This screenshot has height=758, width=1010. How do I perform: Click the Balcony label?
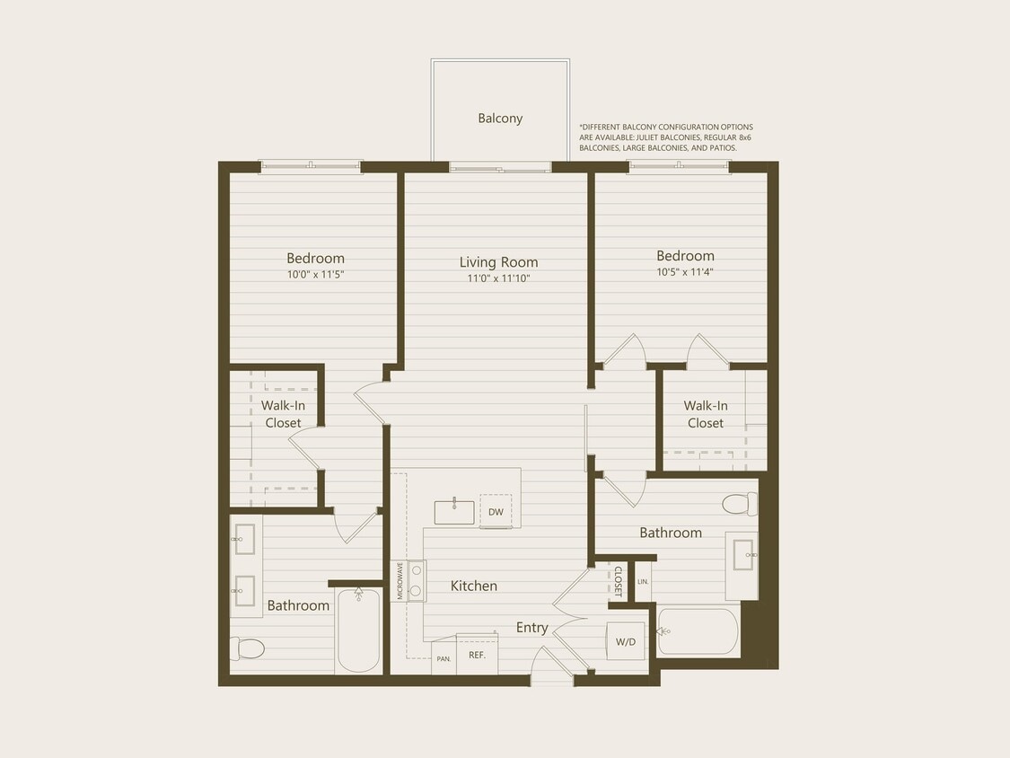coord(500,118)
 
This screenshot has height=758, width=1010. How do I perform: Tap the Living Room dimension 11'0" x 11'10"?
coord(499,278)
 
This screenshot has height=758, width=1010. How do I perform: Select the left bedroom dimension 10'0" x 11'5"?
coord(315,274)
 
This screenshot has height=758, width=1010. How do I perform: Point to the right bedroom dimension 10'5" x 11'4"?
coord(685,271)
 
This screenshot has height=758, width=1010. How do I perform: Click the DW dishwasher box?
coord(496,512)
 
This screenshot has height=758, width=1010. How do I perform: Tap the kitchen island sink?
coord(454,512)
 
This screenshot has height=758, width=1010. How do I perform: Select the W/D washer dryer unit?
coord(626,641)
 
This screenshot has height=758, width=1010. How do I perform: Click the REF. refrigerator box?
coord(477,655)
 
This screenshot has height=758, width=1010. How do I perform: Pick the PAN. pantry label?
coord(444,658)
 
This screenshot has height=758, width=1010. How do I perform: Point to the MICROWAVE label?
coord(400,581)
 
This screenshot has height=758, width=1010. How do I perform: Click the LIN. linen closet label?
coord(643,582)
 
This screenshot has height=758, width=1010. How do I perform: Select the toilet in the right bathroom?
coord(739,504)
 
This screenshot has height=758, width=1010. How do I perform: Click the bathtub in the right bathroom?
coord(698,632)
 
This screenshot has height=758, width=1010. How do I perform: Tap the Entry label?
coord(531,627)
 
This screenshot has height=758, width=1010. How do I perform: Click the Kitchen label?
coord(473,586)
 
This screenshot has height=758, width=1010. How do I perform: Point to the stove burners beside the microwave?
coord(417,580)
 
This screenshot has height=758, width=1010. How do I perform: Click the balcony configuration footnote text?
coord(666,137)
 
